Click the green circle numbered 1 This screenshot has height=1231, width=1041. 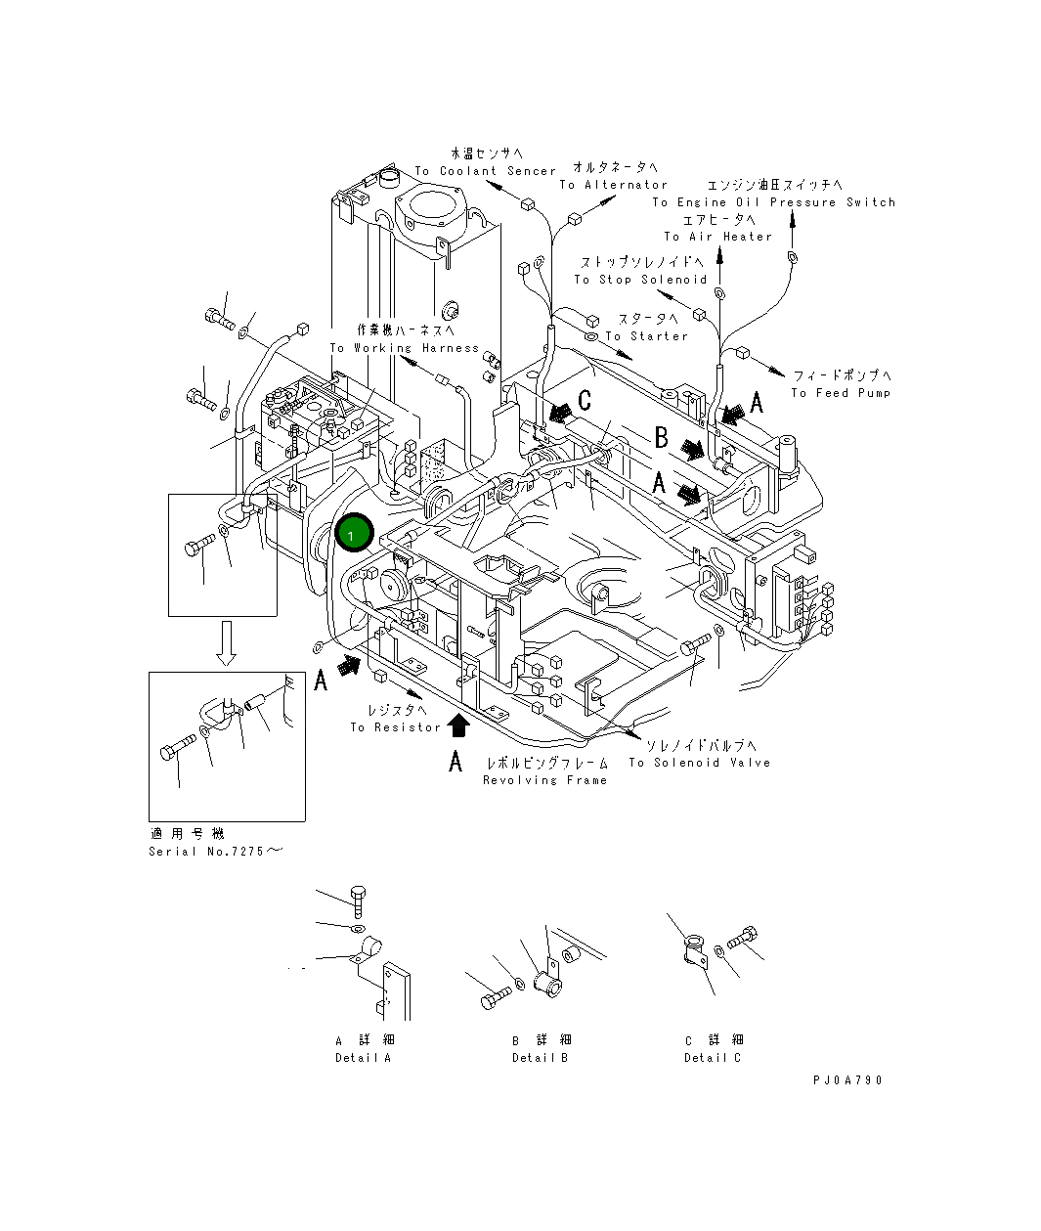[353, 534]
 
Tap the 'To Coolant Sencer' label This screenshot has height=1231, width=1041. [485, 171]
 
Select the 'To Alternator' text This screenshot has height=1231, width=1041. [613, 185]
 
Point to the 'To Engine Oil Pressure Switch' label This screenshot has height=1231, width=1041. [773, 202]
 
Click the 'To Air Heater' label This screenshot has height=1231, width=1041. [717, 237]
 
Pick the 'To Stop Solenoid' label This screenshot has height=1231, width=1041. [640, 280]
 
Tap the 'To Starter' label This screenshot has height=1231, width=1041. [646, 336]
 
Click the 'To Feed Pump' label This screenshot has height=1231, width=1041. [841, 393]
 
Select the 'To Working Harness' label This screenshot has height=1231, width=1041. [404, 348]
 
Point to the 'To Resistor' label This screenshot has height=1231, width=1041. [395, 727]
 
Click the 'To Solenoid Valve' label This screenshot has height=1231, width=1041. [699, 763]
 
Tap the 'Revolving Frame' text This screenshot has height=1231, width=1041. [544, 780]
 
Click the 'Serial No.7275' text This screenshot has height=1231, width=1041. [214, 851]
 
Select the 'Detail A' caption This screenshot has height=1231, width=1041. [363, 1058]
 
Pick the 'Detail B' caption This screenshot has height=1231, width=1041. [540, 1058]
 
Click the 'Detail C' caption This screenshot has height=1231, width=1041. [713, 1058]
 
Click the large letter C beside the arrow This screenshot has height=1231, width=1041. [585, 400]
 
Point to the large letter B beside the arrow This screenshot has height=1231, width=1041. [661, 438]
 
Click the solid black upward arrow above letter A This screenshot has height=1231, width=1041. [456, 725]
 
